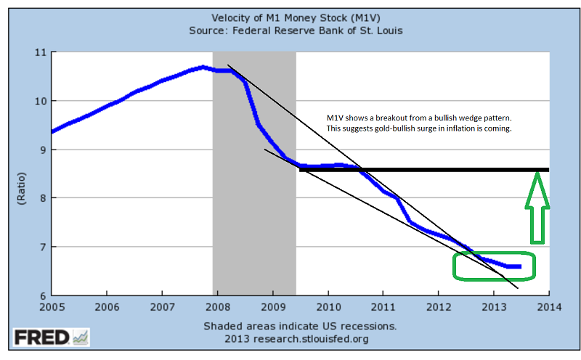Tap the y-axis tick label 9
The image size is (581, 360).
pos(41,150)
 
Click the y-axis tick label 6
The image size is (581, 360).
pos(41,295)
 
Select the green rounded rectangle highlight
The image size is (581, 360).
pos(494,266)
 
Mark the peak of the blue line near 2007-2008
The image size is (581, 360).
pos(203,67)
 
